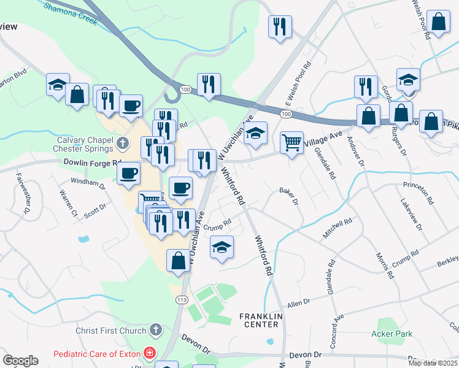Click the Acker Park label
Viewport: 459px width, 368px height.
(391, 334)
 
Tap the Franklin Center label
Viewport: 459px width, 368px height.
(261, 320)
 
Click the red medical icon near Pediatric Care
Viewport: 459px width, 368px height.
(148, 353)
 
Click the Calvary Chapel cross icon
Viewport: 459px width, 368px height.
(122, 144)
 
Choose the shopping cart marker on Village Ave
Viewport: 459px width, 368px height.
(292, 143)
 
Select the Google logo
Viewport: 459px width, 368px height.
(20, 361)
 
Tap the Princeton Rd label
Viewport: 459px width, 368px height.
(418, 185)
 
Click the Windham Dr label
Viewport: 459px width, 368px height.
(84, 182)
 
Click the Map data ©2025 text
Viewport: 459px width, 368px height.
(433, 363)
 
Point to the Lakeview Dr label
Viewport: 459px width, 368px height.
(412, 214)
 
